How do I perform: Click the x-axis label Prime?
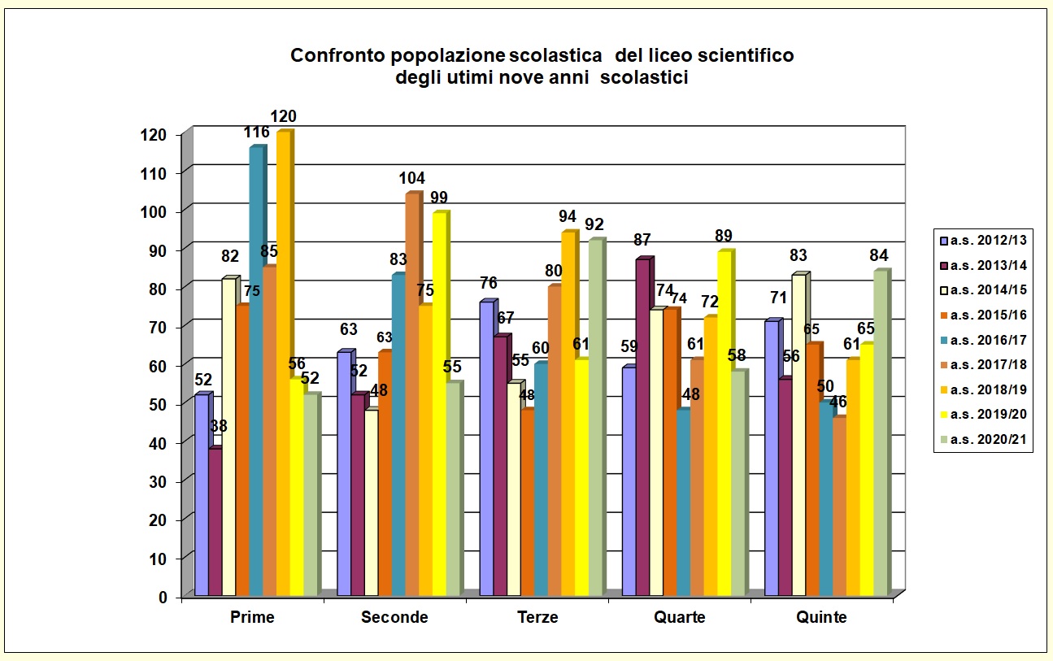[252, 617]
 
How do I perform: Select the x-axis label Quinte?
[822, 617]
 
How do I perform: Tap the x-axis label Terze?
[537, 617]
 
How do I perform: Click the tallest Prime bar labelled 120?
[282, 366]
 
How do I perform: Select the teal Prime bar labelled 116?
[255, 374]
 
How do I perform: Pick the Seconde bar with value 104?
[411, 398]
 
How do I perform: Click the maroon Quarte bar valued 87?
[642, 431]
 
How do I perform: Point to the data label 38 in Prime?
[218, 426]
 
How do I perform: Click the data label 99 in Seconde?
[439, 198]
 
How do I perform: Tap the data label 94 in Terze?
[568, 217]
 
